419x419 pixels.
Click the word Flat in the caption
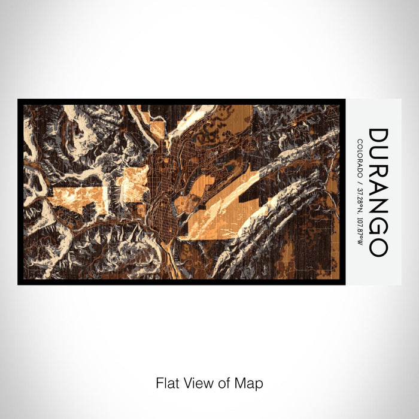[168, 382]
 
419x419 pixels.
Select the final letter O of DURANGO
[378, 248]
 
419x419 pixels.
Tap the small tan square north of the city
[157, 129]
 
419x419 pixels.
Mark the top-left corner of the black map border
[19, 100]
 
